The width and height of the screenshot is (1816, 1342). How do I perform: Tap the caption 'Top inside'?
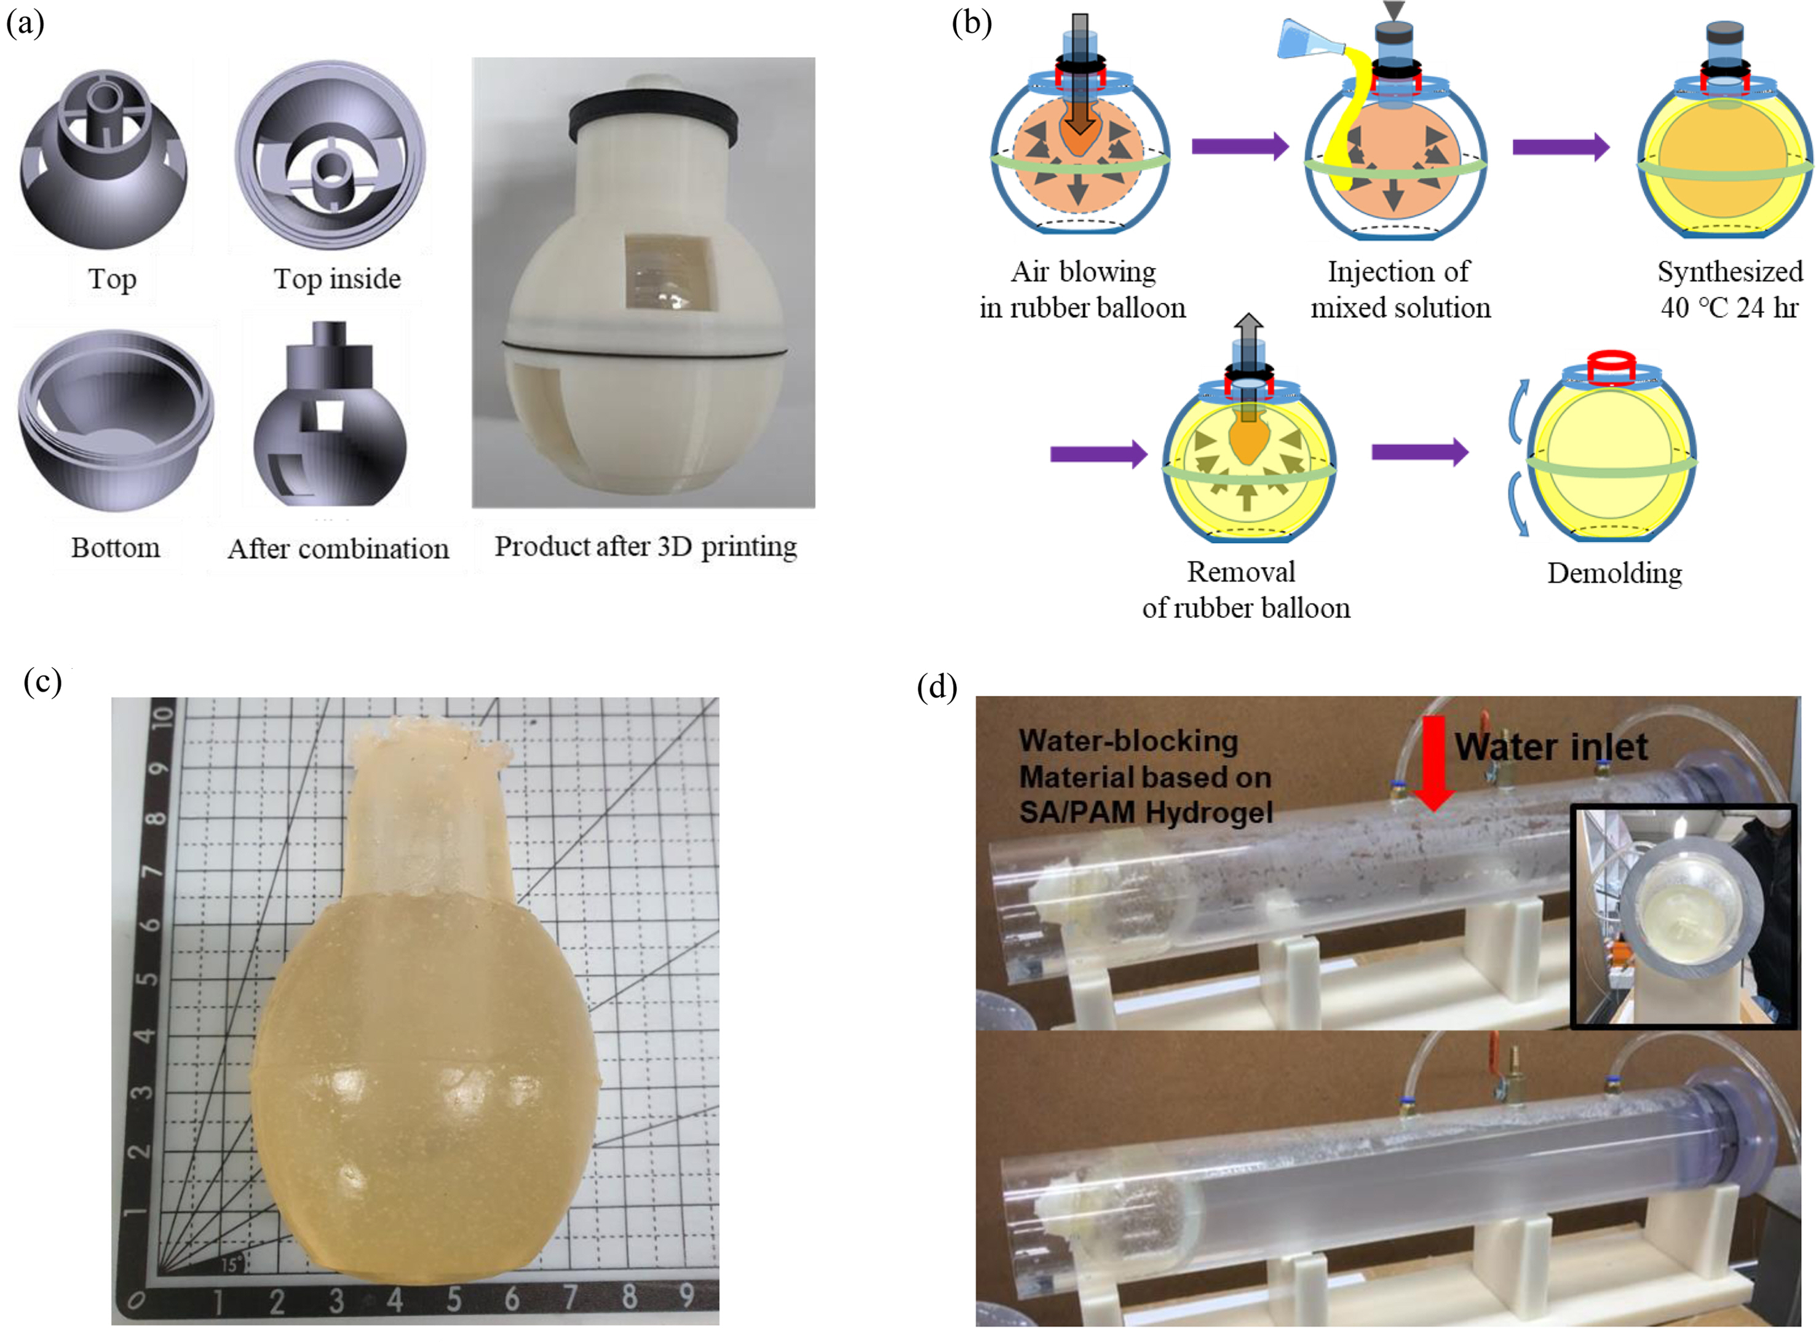click(x=337, y=278)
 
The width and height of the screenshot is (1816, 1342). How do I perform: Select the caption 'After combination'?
click(x=338, y=548)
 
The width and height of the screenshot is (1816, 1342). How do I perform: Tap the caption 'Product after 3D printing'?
click(x=645, y=546)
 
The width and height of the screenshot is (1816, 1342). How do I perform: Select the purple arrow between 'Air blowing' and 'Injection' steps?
click(x=1240, y=146)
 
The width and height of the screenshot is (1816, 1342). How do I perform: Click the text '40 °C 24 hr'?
click(x=1729, y=308)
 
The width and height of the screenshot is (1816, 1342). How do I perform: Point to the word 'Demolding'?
click(x=1614, y=574)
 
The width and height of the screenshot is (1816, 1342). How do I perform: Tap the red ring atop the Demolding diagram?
click(x=1611, y=366)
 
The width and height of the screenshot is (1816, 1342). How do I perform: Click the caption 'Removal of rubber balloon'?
click(x=1245, y=590)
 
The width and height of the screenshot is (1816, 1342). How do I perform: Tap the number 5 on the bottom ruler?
click(x=453, y=1299)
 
